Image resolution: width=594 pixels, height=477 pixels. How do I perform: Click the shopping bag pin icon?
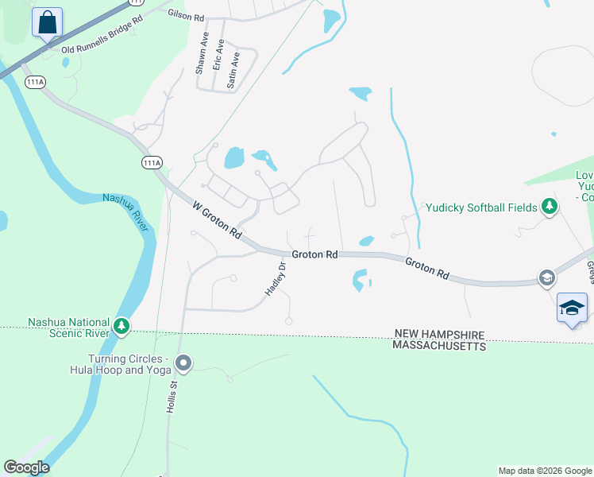[48, 23]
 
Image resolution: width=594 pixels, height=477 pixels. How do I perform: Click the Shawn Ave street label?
[202, 59]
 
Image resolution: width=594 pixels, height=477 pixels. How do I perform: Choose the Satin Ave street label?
[233, 70]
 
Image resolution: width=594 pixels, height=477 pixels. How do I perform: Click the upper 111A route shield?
[35, 82]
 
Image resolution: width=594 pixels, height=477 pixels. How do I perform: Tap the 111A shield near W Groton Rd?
[152, 162]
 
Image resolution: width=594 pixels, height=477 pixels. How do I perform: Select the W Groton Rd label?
[217, 220]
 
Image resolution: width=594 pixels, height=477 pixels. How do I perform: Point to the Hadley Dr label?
[275, 281]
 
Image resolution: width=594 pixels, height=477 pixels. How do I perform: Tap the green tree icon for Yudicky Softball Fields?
[549, 207]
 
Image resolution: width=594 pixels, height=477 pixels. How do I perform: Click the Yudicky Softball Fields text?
[482, 207]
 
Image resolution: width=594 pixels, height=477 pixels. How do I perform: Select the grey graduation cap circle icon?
[546, 277]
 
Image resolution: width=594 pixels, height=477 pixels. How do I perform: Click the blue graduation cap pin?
[572, 308]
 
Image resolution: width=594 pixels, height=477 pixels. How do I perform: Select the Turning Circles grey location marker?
[183, 364]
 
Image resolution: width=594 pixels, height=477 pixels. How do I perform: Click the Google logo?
[25, 467]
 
